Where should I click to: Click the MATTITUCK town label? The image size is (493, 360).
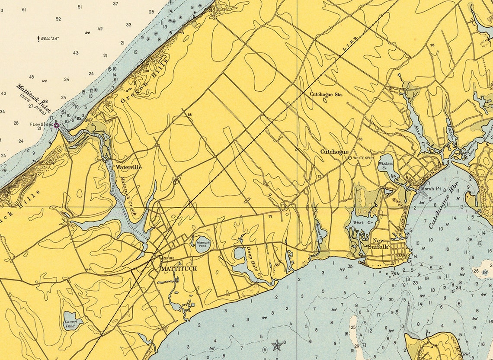pyautogui.click(x=179, y=269)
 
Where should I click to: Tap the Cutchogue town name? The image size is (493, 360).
pyautogui.click(x=334, y=152)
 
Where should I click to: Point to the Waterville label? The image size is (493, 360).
pyautogui.click(x=128, y=167)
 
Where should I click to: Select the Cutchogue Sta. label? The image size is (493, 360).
pyautogui.click(x=326, y=93)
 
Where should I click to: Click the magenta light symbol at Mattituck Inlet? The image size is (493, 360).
pyautogui.click(x=56, y=125)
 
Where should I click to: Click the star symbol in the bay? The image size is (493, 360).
pyautogui.click(x=276, y=345)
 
